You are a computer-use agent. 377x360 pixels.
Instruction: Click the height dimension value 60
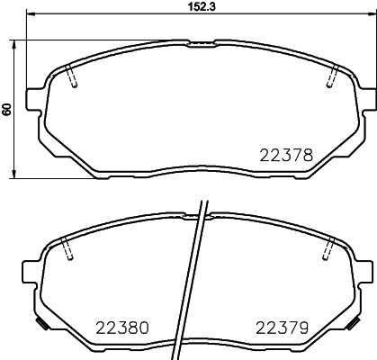coord(7,109)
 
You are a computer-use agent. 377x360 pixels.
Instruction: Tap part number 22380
coord(120,328)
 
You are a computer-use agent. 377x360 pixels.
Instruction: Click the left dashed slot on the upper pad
coord(74,78)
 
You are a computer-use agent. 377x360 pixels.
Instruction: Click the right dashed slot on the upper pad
coord(332,78)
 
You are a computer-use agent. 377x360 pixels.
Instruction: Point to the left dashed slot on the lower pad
coord(67,250)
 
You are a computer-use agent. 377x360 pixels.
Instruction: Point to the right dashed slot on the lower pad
coord(329,250)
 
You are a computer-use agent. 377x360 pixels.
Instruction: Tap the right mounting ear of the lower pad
coord(364,267)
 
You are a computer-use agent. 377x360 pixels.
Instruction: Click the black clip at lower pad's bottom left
coord(40,323)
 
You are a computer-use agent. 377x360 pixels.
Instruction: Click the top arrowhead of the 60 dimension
coord(16,44)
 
